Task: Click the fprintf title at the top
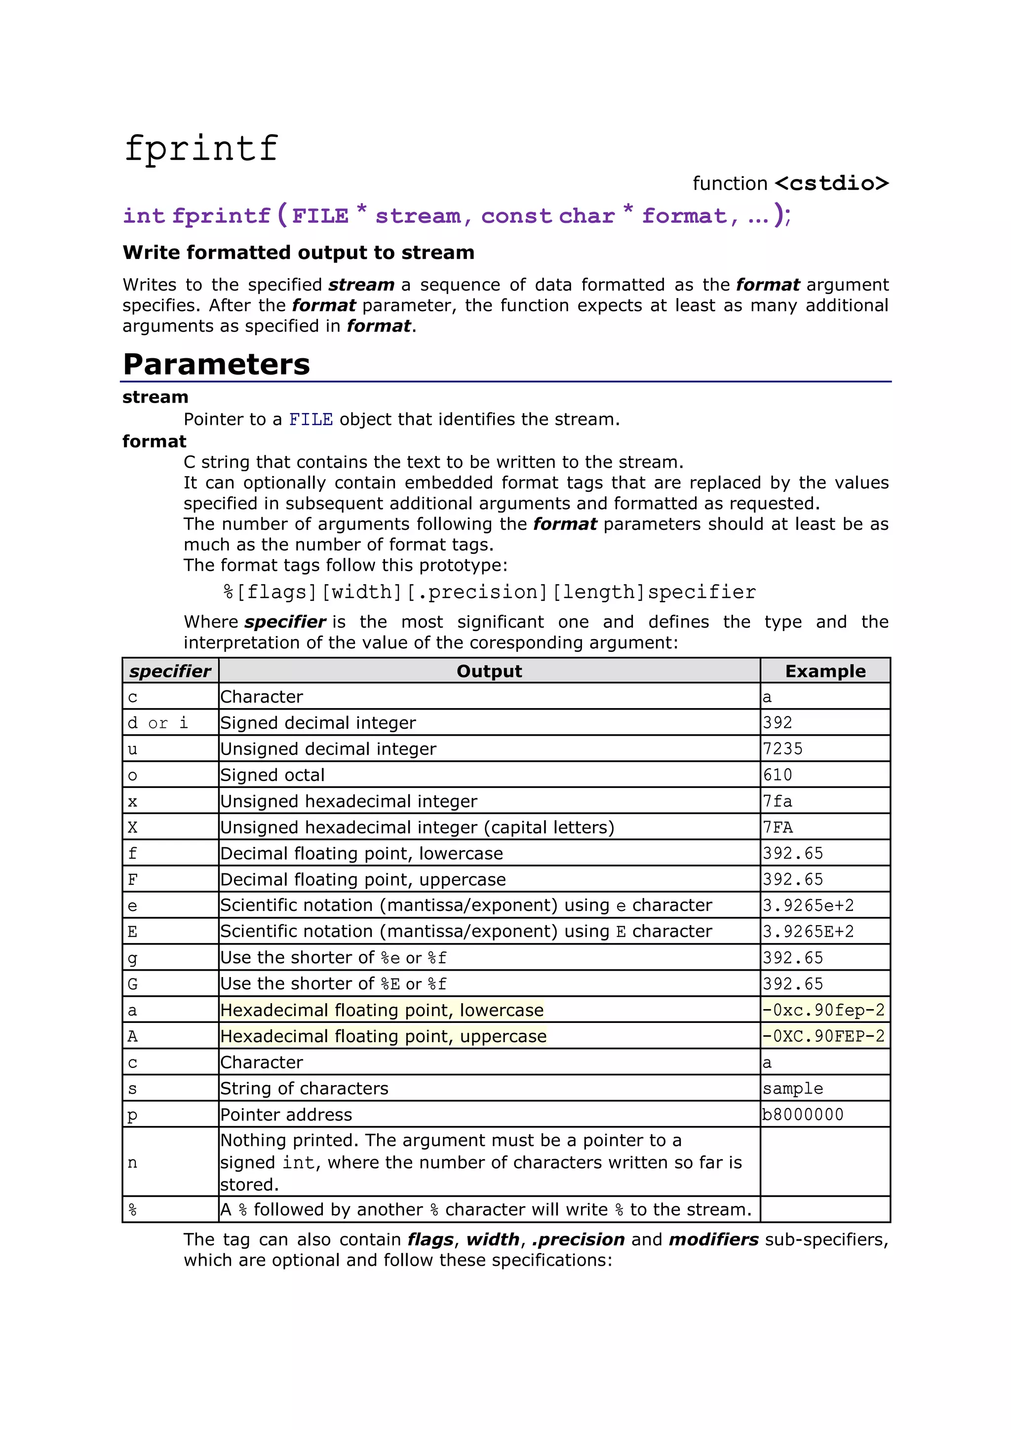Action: pos(200,148)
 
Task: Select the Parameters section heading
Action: pos(216,364)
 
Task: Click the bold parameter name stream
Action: pos(155,397)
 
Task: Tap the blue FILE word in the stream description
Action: pos(311,420)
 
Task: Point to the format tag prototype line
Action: pos(490,592)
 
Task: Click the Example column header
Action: pos(825,671)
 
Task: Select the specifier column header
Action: pos(170,671)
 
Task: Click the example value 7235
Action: pos(783,749)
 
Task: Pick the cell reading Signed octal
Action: pos(272,775)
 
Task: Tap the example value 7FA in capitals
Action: pos(778,827)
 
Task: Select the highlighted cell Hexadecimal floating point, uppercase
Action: pos(383,1036)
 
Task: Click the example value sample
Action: pos(792,1088)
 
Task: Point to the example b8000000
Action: pos(802,1114)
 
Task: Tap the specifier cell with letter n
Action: pos(132,1162)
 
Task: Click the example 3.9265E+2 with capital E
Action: pos(808,932)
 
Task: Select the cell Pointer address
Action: pos(286,1114)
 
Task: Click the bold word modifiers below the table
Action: pos(713,1240)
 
